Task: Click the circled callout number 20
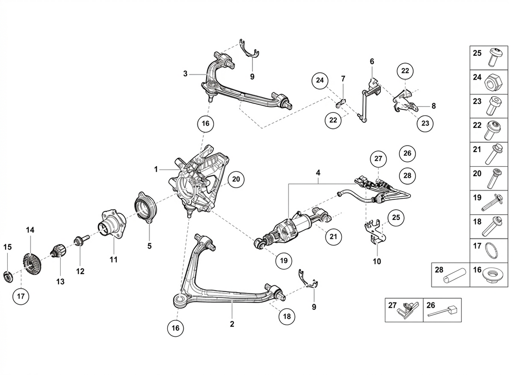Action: click(236, 179)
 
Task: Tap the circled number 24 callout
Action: click(320, 80)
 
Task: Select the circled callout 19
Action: click(284, 260)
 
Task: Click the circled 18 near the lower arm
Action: click(287, 317)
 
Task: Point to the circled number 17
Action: click(21, 296)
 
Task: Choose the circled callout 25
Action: click(396, 217)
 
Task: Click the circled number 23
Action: click(425, 123)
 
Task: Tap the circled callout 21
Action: click(333, 237)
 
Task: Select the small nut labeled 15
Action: click(9, 277)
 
